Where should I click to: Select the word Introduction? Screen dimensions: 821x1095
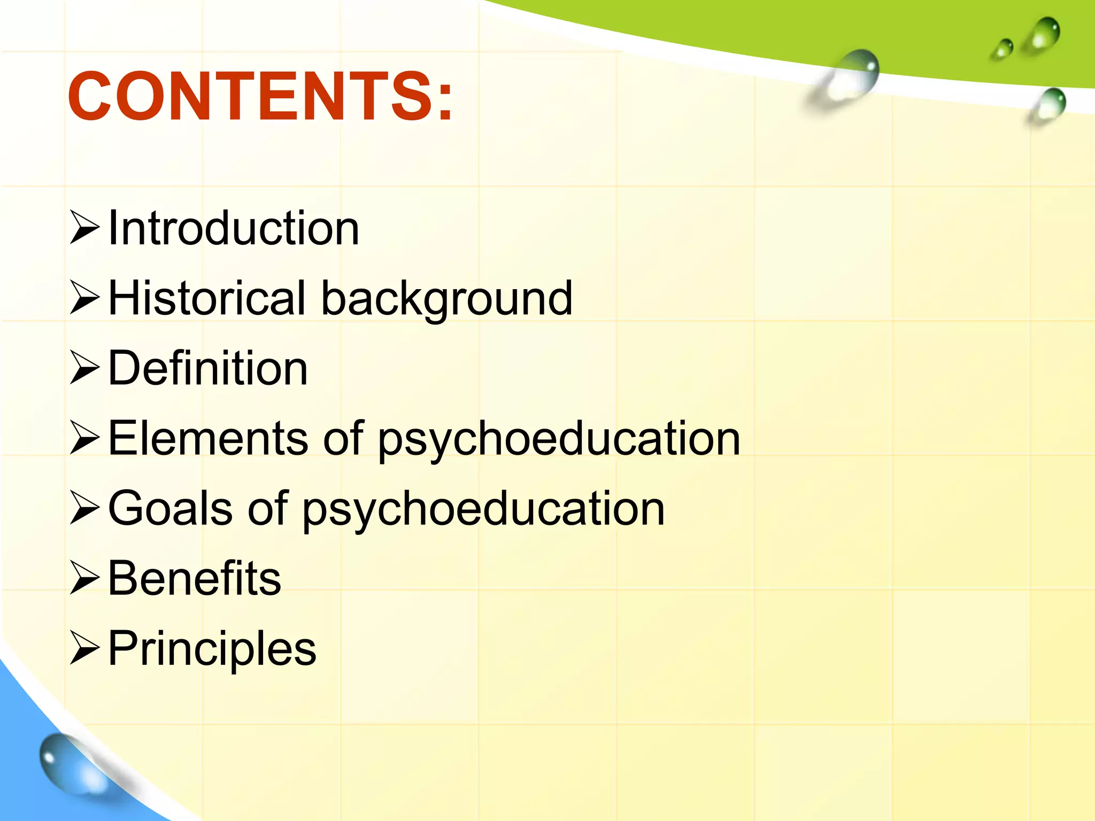233,228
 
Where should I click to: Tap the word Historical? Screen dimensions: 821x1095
206,298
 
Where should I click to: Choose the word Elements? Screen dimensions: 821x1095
207,438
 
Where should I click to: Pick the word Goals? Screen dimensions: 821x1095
170,508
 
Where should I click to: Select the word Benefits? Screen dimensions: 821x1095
194,578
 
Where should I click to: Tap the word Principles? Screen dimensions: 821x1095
212,649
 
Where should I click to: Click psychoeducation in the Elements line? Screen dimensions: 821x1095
559,439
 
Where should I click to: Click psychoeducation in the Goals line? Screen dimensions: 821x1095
483,509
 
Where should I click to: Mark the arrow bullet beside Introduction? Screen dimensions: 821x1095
84,228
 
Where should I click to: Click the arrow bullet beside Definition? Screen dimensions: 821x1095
84,368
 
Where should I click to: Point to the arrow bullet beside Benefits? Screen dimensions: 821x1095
84,578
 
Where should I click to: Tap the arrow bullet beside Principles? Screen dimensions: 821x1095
84,648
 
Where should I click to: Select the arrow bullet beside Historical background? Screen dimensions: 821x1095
84,298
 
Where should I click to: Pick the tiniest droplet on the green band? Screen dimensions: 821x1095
1002,49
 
